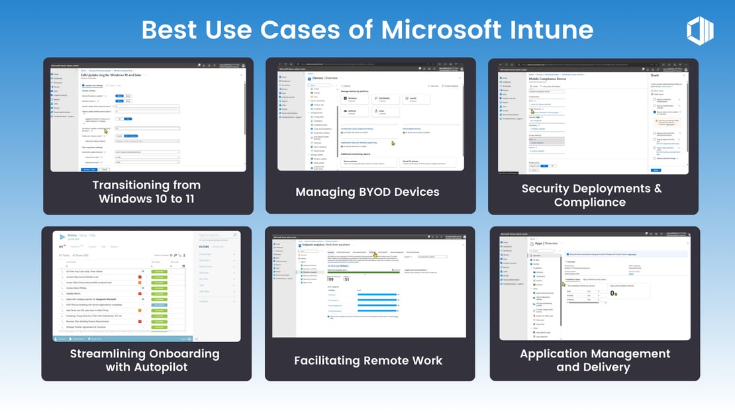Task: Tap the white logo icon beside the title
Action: pyautogui.click(x=700, y=30)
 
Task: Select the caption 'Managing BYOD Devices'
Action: pyautogui.click(x=367, y=192)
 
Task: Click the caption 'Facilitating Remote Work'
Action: pyautogui.click(x=368, y=361)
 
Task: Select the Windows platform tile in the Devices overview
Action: pyautogui.click(x=352, y=99)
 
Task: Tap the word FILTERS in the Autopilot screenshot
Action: pyautogui.click(x=203, y=246)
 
